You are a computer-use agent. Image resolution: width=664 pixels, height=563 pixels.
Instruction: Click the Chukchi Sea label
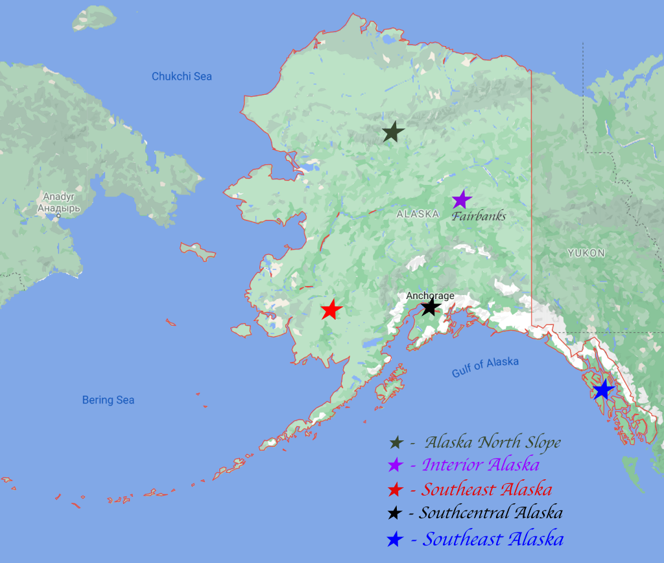[x=182, y=77]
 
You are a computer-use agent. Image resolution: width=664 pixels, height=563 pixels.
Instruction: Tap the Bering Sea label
[x=108, y=400]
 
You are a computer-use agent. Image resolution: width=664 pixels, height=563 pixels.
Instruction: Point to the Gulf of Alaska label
[x=485, y=366]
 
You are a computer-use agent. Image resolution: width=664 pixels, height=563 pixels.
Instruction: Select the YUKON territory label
[x=586, y=253]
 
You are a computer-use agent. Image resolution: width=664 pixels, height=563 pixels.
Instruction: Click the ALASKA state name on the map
[x=418, y=213]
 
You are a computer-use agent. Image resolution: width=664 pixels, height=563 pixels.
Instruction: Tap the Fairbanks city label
[x=479, y=217]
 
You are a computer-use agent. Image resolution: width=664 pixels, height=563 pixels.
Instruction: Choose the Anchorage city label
[x=430, y=296]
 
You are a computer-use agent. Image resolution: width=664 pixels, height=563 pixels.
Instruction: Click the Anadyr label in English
[x=59, y=197]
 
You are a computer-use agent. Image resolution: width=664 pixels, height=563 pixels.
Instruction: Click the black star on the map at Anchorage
[x=431, y=307]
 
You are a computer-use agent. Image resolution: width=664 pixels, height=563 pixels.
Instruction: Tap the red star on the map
[x=331, y=310]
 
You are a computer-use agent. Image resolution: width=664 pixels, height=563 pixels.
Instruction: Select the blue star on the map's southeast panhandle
[x=603, y=390]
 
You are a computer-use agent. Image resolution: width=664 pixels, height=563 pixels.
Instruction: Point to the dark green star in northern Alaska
[x=392, y=132]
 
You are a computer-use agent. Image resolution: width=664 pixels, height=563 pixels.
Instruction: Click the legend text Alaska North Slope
[x=492, y=443]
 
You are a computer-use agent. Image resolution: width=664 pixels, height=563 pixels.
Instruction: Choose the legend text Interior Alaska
[x=480, y=465]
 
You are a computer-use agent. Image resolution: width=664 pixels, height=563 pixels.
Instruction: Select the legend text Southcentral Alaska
[x=490, y=513]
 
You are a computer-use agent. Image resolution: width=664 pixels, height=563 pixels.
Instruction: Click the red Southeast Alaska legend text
[x=486, y=489]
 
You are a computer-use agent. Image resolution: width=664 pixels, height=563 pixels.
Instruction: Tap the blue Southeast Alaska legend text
[x=493, y=539]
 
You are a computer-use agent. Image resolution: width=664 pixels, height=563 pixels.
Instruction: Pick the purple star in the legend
[x=395, y=466]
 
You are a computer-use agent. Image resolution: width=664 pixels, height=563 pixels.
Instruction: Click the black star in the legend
[x=395, y=514]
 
